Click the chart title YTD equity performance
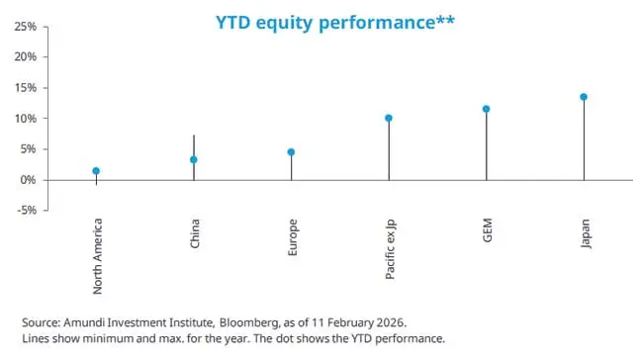(335, 22)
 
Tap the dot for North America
(96, 171)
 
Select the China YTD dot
(194, 159)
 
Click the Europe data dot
(291, 152)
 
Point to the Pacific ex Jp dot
(389, 118)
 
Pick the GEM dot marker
(486, 109)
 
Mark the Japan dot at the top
(584, 97)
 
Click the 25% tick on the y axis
(26, 27)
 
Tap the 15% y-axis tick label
(26, 88)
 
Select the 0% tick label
(29, 180)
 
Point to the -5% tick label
(27, 211)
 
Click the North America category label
(97, 256)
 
